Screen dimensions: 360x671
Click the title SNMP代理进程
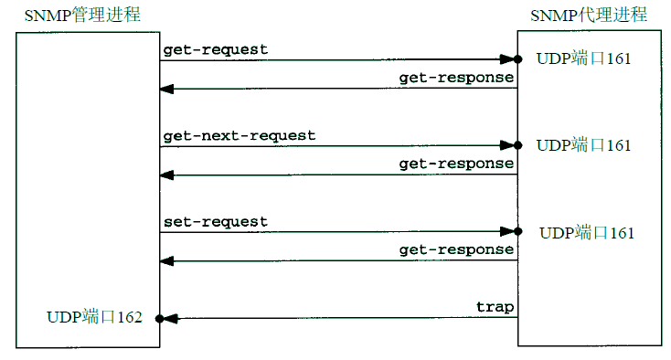tap(589, 15)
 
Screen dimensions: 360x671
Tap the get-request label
tap(216, 50)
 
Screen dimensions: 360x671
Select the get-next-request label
tap(240, 135)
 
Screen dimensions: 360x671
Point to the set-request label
tap(216, 221)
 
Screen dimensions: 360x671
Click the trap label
tap(495, 306)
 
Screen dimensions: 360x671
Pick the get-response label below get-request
tap(456, 78)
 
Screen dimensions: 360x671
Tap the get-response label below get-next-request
tap(456, 164)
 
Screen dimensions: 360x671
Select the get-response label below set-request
tap(456, 249)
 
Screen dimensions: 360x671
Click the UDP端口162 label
tap(94, 318)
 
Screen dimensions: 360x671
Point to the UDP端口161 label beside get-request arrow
tap(583, 59)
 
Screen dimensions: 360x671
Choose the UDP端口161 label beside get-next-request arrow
tap(583, 145)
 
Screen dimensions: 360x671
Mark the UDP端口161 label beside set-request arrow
tap(587, 232)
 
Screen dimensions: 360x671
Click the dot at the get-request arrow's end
tap(517, 59)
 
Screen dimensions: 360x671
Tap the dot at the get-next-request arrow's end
tap(517, 145)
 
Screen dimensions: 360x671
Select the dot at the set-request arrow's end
tap(517, 232)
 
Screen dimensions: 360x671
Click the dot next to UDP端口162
tap(159, 319)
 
